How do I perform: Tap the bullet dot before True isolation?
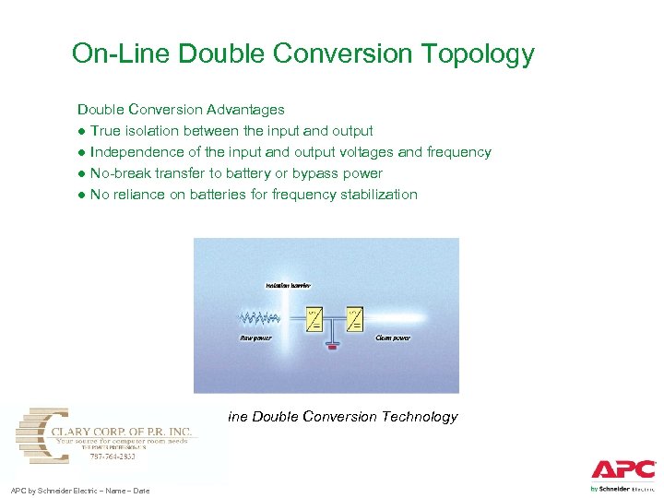click(81, 131)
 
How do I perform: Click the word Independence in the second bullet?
click(136, 152)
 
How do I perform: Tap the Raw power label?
click(255, 338)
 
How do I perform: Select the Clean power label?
click(393, 338)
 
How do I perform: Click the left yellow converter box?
click(314, 319)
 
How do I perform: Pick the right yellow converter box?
click(352, 319)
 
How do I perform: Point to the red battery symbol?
click(333, 349)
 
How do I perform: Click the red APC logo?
click(623, 470)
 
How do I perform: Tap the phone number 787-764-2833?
click(114, 456)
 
